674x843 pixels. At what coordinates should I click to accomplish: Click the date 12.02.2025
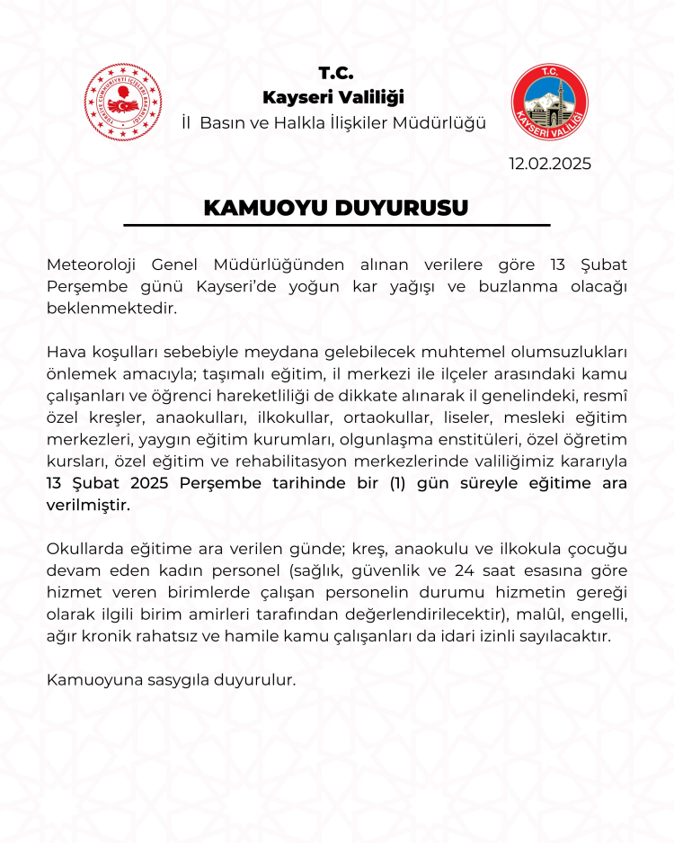[549, 164]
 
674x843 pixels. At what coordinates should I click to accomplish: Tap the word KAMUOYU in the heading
[267, 207]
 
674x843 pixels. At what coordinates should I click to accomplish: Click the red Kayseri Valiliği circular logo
[549, 102]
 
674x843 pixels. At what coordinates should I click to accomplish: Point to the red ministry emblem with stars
[123, 102]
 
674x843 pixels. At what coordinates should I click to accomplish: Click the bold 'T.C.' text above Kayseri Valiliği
[336, 73]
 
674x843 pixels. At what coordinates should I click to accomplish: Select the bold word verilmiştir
[88, 505]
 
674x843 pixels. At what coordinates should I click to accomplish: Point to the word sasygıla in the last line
[172, 680]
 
